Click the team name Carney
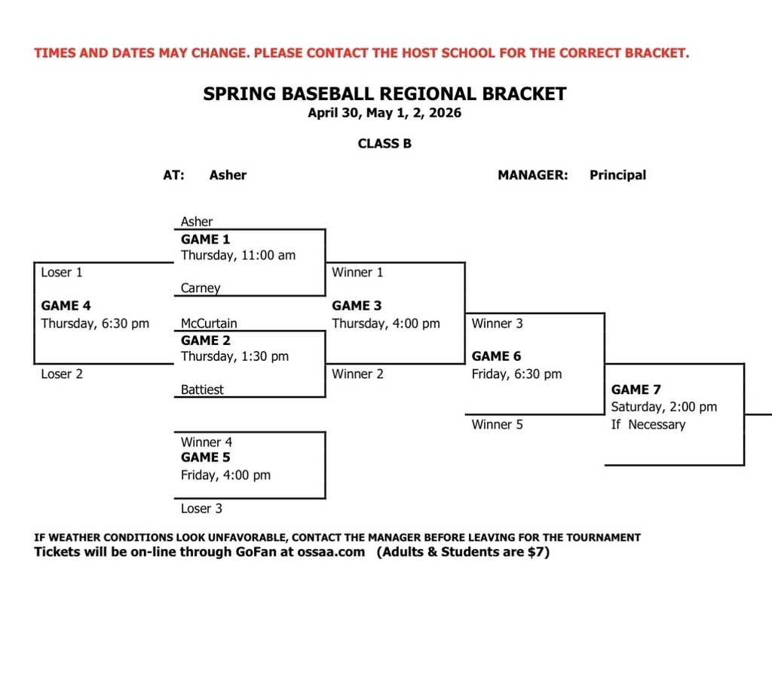(x=201, y=289)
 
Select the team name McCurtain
(x=209, y=324)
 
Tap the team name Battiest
(x=202, y=390)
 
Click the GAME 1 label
(x=205, y=240)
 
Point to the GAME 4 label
(x=66, y=306)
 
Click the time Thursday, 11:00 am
(x=238, y=255)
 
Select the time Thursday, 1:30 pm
(x=234, y=356)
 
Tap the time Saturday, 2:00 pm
(x=663, y=407)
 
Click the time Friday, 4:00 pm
(x=225, y=475)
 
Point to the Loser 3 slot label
(x=201, y=509)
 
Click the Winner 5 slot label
(x=497, y=425)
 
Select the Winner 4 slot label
(x=207, y=443)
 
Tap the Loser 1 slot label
(x=62, y=273)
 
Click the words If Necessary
(x=648, y=425)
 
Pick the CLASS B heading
(x=384, y=144)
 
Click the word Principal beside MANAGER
(x=617, y=176)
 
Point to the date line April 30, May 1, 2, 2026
(x=384, y=114)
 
